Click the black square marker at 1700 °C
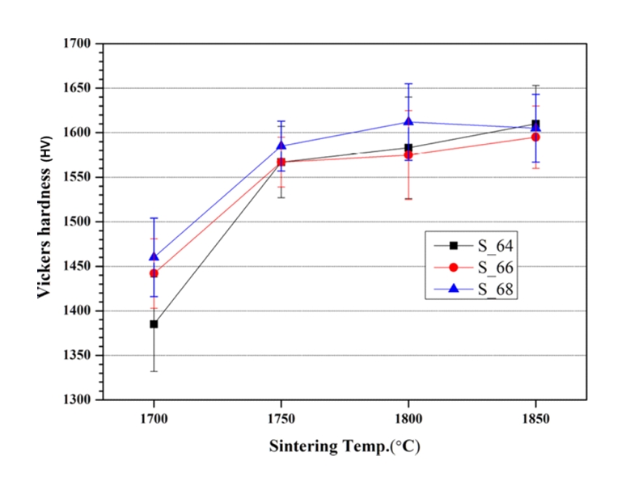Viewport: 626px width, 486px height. [x=154, y=324]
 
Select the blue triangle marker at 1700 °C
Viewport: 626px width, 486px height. [x=154, y=256]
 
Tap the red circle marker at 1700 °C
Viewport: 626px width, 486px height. [x=154, y=273]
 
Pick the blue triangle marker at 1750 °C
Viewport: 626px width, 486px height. [x=281, y=146]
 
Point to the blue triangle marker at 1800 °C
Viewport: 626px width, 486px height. [x=408, y=121]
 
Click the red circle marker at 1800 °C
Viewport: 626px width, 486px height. [x=408, y=154]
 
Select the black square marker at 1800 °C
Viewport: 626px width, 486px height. [x=408, y=148]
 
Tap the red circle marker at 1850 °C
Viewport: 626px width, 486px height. [x=535, y=137]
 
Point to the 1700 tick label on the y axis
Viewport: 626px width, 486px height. [x=80, y=44]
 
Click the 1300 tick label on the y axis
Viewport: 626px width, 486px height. [x=80, y=399]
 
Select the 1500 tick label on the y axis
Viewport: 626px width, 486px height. [x=80, y=222]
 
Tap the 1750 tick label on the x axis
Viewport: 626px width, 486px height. [x=281, y=420]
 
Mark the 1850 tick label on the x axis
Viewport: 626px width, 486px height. [x=535, y=420]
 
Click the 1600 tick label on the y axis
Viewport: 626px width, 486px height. [x=80, y=133]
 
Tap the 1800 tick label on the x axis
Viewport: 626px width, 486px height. [x=408, y=420]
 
